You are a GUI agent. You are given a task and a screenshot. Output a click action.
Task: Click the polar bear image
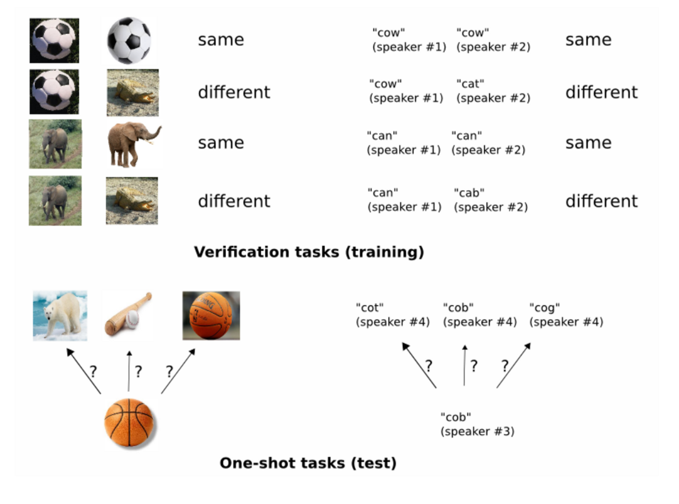(60, 315)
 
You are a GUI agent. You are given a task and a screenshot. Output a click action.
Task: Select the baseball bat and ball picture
(128, 315)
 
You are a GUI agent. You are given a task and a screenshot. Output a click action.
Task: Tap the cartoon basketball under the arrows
(129, 423)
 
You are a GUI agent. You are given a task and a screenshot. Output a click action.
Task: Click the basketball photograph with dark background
(211, 316)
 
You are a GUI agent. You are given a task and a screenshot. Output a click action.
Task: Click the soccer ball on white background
(129, 40)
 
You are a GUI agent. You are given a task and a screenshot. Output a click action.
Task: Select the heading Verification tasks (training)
(309, 252)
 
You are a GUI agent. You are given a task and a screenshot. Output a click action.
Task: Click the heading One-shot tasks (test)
(308, 463)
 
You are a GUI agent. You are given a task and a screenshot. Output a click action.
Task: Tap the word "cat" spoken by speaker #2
(470, 84)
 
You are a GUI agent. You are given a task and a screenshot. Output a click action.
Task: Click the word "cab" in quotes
(469, 193)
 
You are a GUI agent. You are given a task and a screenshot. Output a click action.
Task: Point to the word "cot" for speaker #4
(370, 308)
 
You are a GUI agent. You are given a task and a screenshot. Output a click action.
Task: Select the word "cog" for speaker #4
(545, 308)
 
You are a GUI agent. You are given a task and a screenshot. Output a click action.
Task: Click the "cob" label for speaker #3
(456, 417)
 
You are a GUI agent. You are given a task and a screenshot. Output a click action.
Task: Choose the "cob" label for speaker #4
(458, 308)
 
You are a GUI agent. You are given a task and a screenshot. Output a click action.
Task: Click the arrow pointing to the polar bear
(84, 371)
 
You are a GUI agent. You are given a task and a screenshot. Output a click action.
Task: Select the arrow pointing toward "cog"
(513, 365)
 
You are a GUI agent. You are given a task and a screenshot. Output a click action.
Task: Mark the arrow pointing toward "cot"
(419, 365)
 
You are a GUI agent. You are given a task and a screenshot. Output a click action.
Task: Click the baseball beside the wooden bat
(132, 319)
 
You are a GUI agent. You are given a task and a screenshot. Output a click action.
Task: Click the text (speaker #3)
(477, 431)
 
